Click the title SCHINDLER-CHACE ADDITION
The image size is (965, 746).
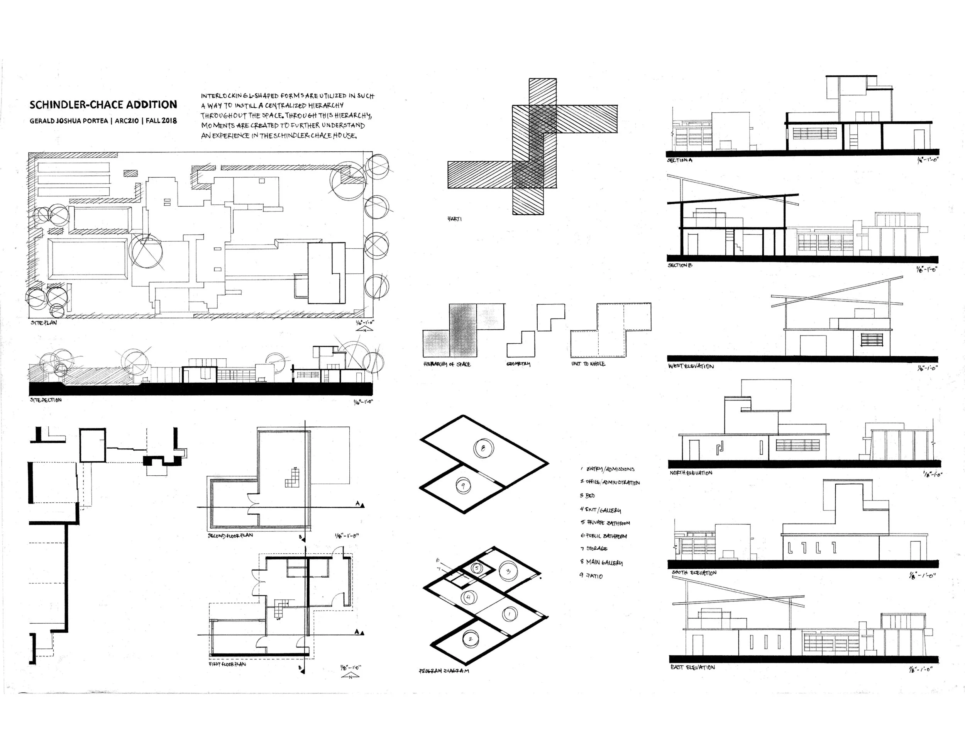[103, 105]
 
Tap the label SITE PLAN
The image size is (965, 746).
[44, 323]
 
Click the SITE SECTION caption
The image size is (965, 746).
[46, 400]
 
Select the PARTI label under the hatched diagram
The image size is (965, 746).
[455, 219]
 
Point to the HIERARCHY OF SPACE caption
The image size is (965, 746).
[447, 364]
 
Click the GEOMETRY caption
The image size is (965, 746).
[518, 364]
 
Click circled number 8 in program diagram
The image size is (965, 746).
[483, 449]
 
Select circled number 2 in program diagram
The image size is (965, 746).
[470, 639]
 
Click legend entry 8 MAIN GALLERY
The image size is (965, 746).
[601, 562]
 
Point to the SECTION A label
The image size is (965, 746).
[680, 160]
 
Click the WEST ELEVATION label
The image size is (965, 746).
[691, 366]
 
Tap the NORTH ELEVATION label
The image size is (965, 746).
[691, 473]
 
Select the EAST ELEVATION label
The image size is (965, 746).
[692, 667]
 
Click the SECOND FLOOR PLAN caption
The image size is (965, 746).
[230, 535]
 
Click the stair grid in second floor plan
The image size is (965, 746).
[293, 478]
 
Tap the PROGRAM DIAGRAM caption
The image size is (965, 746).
[444, 671]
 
